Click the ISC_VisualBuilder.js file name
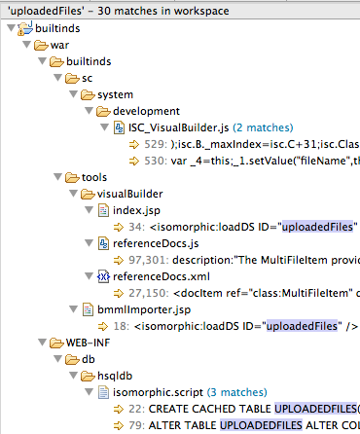tap(178, 127)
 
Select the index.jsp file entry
tap(136, 210)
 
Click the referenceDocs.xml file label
tap(162, 276)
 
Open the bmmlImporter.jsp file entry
tap(144, 309)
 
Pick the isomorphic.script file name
tap(158, 392)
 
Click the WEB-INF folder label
tap(88, 343)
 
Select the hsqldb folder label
tap(115, 376)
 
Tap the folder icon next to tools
tap(72, 177)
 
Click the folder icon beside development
tap(103, 111)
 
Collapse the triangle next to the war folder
tap(26, 45)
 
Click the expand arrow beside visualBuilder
tap(73, 194)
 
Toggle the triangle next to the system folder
tap(73, 94)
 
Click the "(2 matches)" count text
tap(263, 127)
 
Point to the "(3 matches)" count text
tap(237, 392)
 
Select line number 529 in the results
tap(156, 144)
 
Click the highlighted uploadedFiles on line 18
tap(302, 326)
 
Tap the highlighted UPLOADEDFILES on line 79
tap(261, 425)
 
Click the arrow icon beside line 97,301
tap(119, 260)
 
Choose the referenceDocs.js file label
tap(156, 243)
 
